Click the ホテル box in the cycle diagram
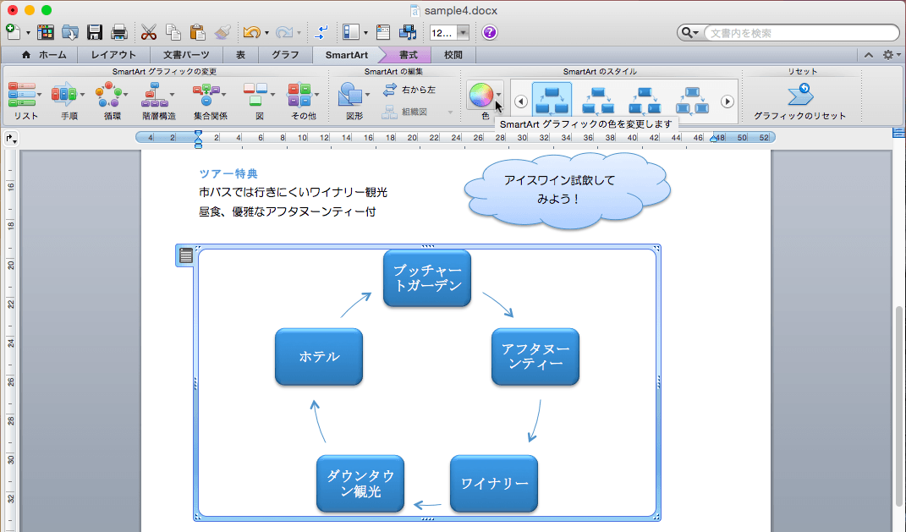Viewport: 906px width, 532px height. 319,357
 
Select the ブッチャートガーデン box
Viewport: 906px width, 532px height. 427,278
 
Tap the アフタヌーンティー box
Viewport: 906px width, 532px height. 535,357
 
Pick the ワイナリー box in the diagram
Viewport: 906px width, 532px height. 494,484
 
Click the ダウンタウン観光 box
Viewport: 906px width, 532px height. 360,484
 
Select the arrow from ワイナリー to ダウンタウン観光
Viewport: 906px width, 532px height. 427,506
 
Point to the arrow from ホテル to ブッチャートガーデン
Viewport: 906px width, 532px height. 356,304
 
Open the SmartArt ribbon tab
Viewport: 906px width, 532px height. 346,55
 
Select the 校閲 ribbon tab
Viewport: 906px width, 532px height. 453,55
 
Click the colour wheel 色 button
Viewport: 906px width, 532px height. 480,95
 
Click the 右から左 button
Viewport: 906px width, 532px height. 409,90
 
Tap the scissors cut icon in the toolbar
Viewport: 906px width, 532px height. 149,32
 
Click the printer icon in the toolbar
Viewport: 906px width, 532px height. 119,32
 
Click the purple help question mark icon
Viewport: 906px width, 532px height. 490,32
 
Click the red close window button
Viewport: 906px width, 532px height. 13,10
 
